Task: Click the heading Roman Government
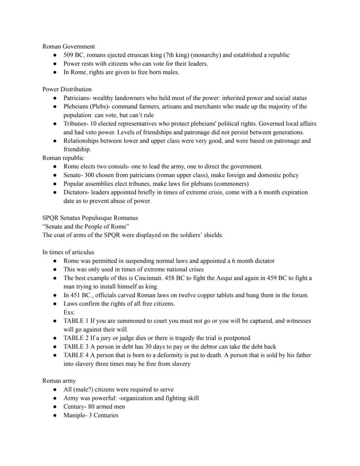[69, 46]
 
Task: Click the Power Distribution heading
[67, 89]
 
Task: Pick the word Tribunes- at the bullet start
[76, 124]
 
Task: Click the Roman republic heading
[63, 158]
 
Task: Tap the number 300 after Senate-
[90, 175]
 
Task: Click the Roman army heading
[59, 380]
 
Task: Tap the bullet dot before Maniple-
[55, 415]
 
